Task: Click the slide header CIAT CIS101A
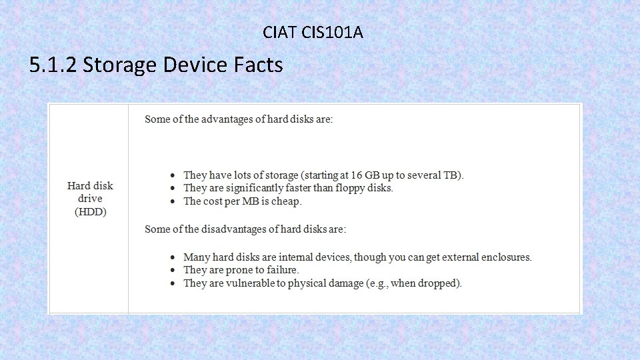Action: pyautogui.click(x=313, y=31)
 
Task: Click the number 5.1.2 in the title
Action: pyautogui.click(x=53, y=65)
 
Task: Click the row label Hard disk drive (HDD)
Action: pyautogui.click(x=90, y=199)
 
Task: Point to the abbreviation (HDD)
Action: pyautogui.click(x=90, y=212)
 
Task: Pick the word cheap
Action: pyautogui.click(x=287, y=201)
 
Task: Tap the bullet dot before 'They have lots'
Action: pyautogui.click(x=172, y=176)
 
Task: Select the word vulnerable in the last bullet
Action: pyautogui.click(x=251, y=283)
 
